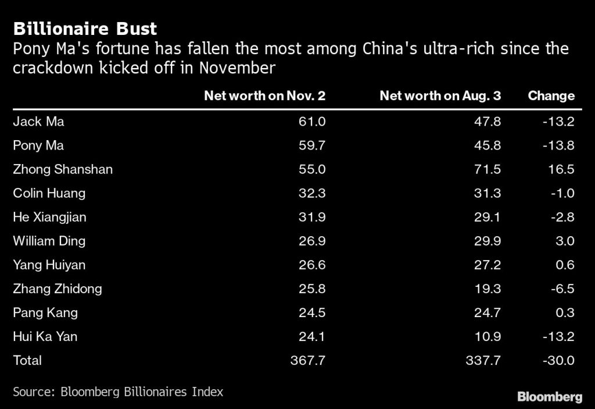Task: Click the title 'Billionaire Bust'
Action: [x=85, y=29]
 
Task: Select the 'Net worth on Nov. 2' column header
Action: [x=264, y=96]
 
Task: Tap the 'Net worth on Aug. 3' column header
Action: [x=440, y=96]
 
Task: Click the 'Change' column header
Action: [x=551, y=96]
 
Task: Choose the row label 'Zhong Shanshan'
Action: [x=63, y=169]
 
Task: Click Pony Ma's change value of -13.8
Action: [x=558, y=145]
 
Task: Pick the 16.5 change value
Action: [x=562, y=169]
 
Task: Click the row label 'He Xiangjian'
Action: [x=49, y=217]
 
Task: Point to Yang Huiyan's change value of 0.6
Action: [x=565, y=265]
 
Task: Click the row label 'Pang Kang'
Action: [x=45, y=312]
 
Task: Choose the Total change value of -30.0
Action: [x=558, y=360]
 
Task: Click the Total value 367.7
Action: [x=308, y=360]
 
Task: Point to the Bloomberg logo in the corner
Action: [x=549, y=397]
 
